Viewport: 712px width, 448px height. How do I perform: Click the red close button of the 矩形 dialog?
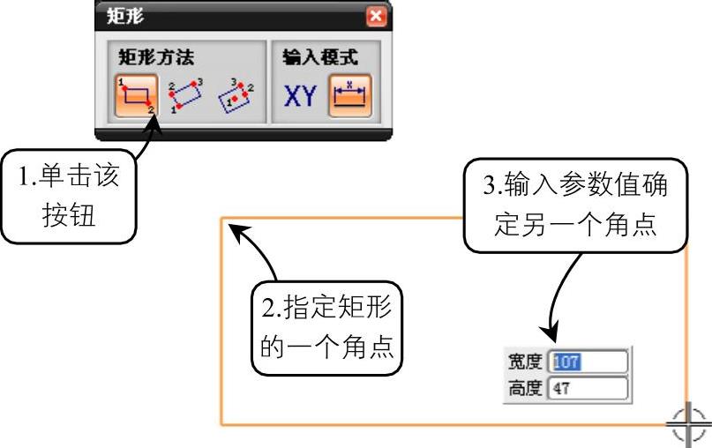coord(377,16)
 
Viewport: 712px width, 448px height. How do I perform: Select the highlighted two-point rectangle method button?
coord(136,96)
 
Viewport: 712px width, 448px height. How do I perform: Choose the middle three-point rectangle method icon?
coord(186,96)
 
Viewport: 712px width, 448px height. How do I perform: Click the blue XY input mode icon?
coord(300,96)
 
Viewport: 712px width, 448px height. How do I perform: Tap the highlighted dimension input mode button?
coord(350,96)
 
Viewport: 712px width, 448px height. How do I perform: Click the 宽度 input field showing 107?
coord(588,361)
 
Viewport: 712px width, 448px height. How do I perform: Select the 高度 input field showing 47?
coord(588,387)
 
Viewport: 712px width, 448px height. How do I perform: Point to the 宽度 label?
coord(526,361)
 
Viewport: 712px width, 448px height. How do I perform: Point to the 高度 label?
coord(526,387)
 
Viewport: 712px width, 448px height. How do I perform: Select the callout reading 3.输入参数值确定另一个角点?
coord(573,206)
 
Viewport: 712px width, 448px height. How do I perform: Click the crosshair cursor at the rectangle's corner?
coord(687,426)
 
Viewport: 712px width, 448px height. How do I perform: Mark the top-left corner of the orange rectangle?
coord(221,217)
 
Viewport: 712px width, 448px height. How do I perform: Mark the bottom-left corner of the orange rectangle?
coord(221,425)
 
